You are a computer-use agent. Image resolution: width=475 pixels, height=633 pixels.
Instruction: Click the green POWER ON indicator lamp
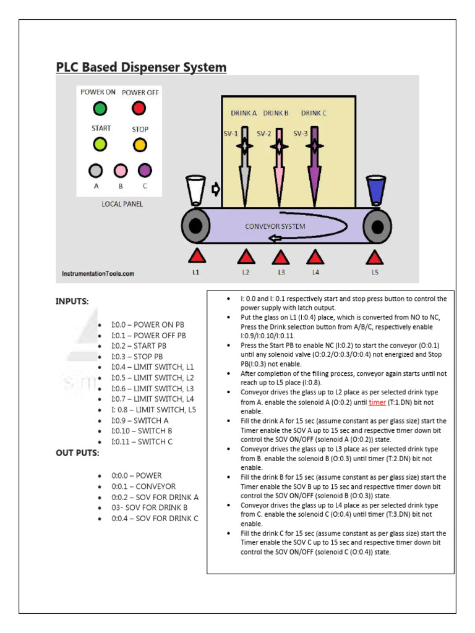(99, 109)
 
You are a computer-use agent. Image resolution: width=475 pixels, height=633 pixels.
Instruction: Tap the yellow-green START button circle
(99, 145)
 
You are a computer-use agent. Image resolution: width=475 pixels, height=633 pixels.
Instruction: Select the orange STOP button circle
(140, 145)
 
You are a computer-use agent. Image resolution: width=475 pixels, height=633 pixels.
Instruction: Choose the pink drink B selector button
(121, 170)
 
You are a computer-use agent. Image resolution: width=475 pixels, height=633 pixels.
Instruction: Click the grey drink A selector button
(95, 170)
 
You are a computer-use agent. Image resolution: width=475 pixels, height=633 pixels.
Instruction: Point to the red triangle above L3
(280, 256)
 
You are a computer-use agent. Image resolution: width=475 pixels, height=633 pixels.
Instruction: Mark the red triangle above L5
(374, 256)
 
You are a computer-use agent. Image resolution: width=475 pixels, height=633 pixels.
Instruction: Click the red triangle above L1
(196, 256)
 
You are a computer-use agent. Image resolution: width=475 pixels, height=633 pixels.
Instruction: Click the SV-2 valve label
(264, 133)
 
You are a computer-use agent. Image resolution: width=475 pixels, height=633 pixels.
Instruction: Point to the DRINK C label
(314, 113)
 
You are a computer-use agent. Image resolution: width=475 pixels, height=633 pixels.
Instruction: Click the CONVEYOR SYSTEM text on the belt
(275, 226)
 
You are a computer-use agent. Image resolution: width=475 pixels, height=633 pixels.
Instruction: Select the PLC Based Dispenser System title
(141, 67)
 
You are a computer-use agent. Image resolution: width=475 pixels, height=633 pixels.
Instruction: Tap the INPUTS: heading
(72, 302)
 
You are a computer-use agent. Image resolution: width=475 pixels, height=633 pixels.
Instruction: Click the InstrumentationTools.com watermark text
(98, 273)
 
